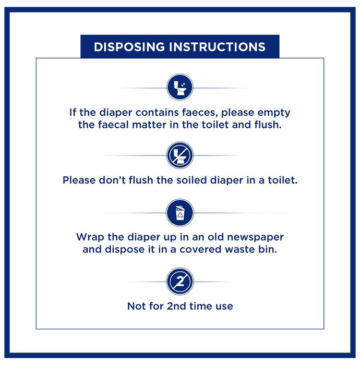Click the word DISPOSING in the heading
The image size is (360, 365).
click(x=129, y=47)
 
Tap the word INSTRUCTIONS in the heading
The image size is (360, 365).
click(x=217, y=47)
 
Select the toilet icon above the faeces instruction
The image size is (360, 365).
click(x=180, y=87)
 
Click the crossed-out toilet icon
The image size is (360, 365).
click(x=180, y=155)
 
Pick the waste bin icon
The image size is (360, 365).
click(x=180, y=213)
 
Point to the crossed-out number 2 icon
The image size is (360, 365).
click(x=180, y=282)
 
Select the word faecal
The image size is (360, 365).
click(x=113, y=125)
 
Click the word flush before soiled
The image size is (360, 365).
click(x=141, y=180)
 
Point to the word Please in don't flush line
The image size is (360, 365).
click(x=79, y=180)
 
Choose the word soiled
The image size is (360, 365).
click(x=191, y=180)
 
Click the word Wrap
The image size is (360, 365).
click(x=90, y=238)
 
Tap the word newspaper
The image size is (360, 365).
click(x=256, y=238)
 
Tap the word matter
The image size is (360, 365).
click(x=149, y=125)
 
